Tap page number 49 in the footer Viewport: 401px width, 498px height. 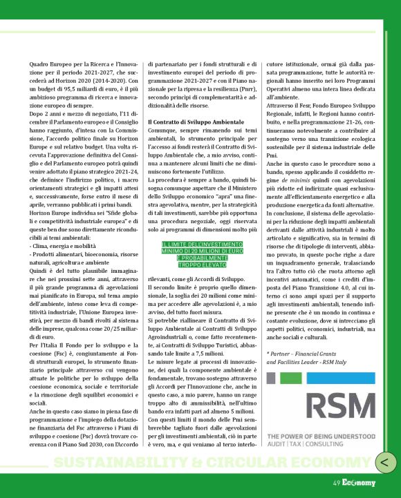336,483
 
